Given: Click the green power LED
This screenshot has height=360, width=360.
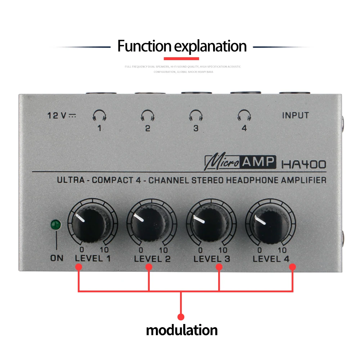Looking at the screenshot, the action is [56, 225].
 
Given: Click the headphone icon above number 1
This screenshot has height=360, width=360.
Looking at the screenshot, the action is [99, 115].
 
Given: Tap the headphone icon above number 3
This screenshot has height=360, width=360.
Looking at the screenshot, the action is [196, 115].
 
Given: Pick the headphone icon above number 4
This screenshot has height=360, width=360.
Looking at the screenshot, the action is [244, 115].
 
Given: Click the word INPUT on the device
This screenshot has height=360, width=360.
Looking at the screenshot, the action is [296, 116].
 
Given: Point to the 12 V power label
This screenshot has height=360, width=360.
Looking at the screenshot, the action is [62, 116].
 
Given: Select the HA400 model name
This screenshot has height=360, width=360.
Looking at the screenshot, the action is [303, 165].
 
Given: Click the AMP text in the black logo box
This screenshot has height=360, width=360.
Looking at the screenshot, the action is [258, 162].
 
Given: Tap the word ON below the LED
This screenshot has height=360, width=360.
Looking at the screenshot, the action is [57, 258].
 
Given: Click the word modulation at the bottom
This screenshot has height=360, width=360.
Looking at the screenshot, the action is [181, 330].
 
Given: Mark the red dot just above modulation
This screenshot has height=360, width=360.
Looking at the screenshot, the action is [181, 317].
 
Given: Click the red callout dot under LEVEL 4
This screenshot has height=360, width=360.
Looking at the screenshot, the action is [292, 267].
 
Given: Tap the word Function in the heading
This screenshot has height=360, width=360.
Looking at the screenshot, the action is [144, 46].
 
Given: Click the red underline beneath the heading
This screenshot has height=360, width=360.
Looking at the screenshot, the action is [181, 59].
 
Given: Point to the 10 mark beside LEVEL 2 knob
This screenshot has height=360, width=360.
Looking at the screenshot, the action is [163, 250].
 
